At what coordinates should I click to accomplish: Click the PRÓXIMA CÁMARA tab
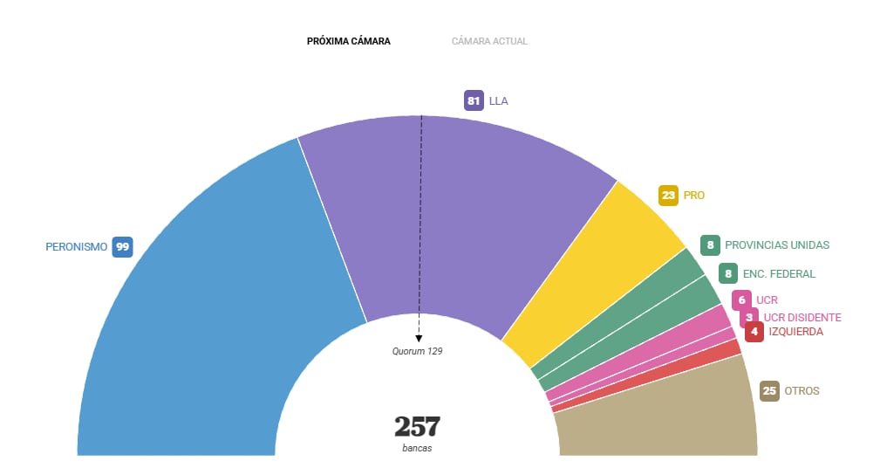coord(348,41)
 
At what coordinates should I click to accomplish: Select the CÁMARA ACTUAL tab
coord(489,41)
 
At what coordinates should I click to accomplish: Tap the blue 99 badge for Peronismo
coord(122,247)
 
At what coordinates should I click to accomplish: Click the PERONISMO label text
coord(76,247)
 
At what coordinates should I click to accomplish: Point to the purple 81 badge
coord(474,100)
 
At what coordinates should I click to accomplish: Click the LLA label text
coord(498,100)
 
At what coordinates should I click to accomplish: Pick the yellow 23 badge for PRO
coord(669,196)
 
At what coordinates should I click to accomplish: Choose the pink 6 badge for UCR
coord(741,300)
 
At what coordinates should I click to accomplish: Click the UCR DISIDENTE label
coord(802,317)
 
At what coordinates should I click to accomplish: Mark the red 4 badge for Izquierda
coord(754,332)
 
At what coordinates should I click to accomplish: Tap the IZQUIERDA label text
coord(795,332)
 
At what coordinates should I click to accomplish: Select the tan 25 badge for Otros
coord(768,390)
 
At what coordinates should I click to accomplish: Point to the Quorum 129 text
coord(418,351)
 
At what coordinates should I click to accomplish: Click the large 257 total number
coord(417,427)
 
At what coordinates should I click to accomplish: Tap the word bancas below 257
coord(417,448)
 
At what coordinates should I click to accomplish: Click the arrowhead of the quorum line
coord(419,338)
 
